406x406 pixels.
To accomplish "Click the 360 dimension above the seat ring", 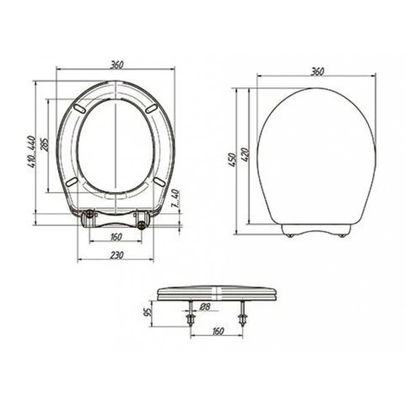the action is pos(117,65).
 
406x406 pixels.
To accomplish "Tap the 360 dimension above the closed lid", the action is pos(317,72).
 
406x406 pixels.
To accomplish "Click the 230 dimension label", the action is pos(117,255).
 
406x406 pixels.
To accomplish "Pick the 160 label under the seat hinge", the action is pos(116,237).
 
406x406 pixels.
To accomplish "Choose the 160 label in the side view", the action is pos(218,331).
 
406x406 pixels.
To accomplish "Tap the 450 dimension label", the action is pos(234,160).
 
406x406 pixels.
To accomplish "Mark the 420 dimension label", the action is pos(245,154).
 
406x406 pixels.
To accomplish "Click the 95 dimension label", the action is pos(147,312).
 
